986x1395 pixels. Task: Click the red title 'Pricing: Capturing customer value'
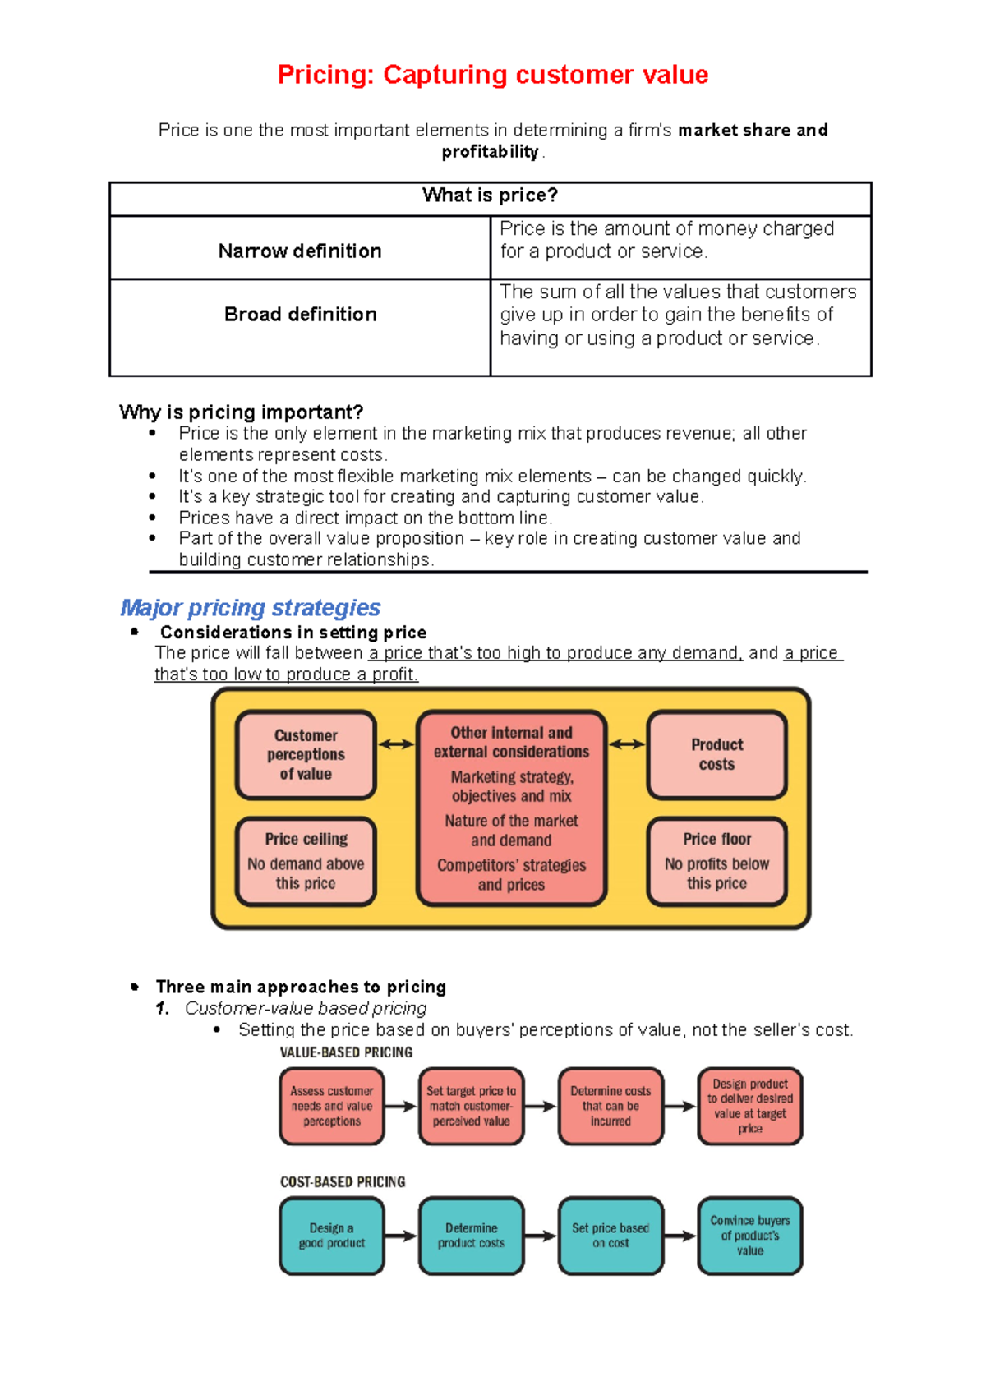tap(492, 75)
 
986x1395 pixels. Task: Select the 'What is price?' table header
tap(490, 196)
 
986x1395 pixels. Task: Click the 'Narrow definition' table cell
tap(300, 251)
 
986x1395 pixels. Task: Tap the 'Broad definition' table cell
tap(300, 315)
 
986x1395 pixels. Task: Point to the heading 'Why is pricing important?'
tap(241, 412)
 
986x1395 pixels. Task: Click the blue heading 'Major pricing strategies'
tap(250, 607)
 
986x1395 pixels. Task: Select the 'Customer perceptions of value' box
tap(306, 754)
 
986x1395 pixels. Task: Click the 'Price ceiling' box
tap(306, 861)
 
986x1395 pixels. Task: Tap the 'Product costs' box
tap(716, 754)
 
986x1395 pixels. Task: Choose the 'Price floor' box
tap(716, 861)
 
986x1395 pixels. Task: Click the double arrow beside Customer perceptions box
tap(396, 744)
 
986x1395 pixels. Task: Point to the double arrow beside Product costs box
tap(627, 744)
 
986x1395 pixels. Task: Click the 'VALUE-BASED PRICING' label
tap(346, 1052)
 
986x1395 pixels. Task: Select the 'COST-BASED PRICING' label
tap(343, 1182)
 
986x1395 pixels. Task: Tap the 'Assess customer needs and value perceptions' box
tap(332, 1106)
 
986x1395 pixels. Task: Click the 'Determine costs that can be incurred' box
tap(610, 1106)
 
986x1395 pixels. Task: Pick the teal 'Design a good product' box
tap(332, 1236)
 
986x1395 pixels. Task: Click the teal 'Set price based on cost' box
tap(610, 1236)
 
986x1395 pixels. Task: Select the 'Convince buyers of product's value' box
tap(749, 1236)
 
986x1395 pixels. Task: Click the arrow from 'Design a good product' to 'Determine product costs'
tap(400, 1236)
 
